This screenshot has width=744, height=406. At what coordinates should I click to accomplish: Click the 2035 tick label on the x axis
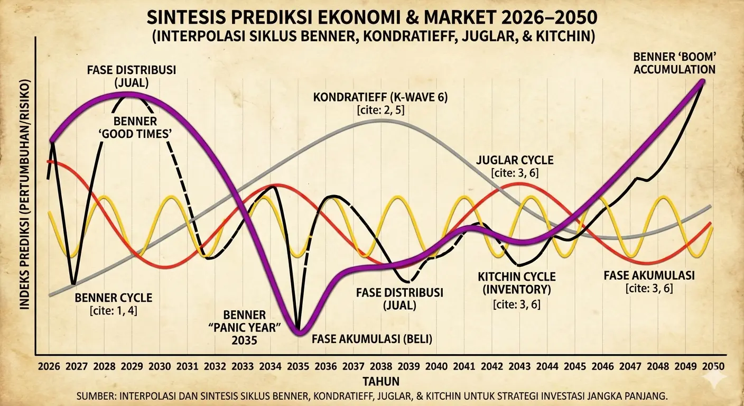click(x=299, y=366)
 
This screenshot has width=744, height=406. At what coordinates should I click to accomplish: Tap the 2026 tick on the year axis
click(x=49, y=366)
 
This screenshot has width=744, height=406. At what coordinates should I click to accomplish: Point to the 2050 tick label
click(x=713, y=366)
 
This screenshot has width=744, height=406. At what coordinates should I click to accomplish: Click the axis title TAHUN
click(x=381, y=381)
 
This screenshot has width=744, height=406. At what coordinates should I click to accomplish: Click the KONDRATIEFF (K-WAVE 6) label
click(x=376, y=98)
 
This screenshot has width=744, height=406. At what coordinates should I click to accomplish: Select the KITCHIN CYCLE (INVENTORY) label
click(x=516, y=283)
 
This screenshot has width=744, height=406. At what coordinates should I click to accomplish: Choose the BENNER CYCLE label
click(x=114, y=298)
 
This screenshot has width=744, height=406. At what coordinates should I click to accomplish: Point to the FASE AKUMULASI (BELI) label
click(x=372, y=339)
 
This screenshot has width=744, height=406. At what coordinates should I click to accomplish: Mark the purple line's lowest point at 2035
click(x=299, y=331)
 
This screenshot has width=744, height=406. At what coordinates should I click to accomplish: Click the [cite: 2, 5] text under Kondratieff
click(x=376, y=110)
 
